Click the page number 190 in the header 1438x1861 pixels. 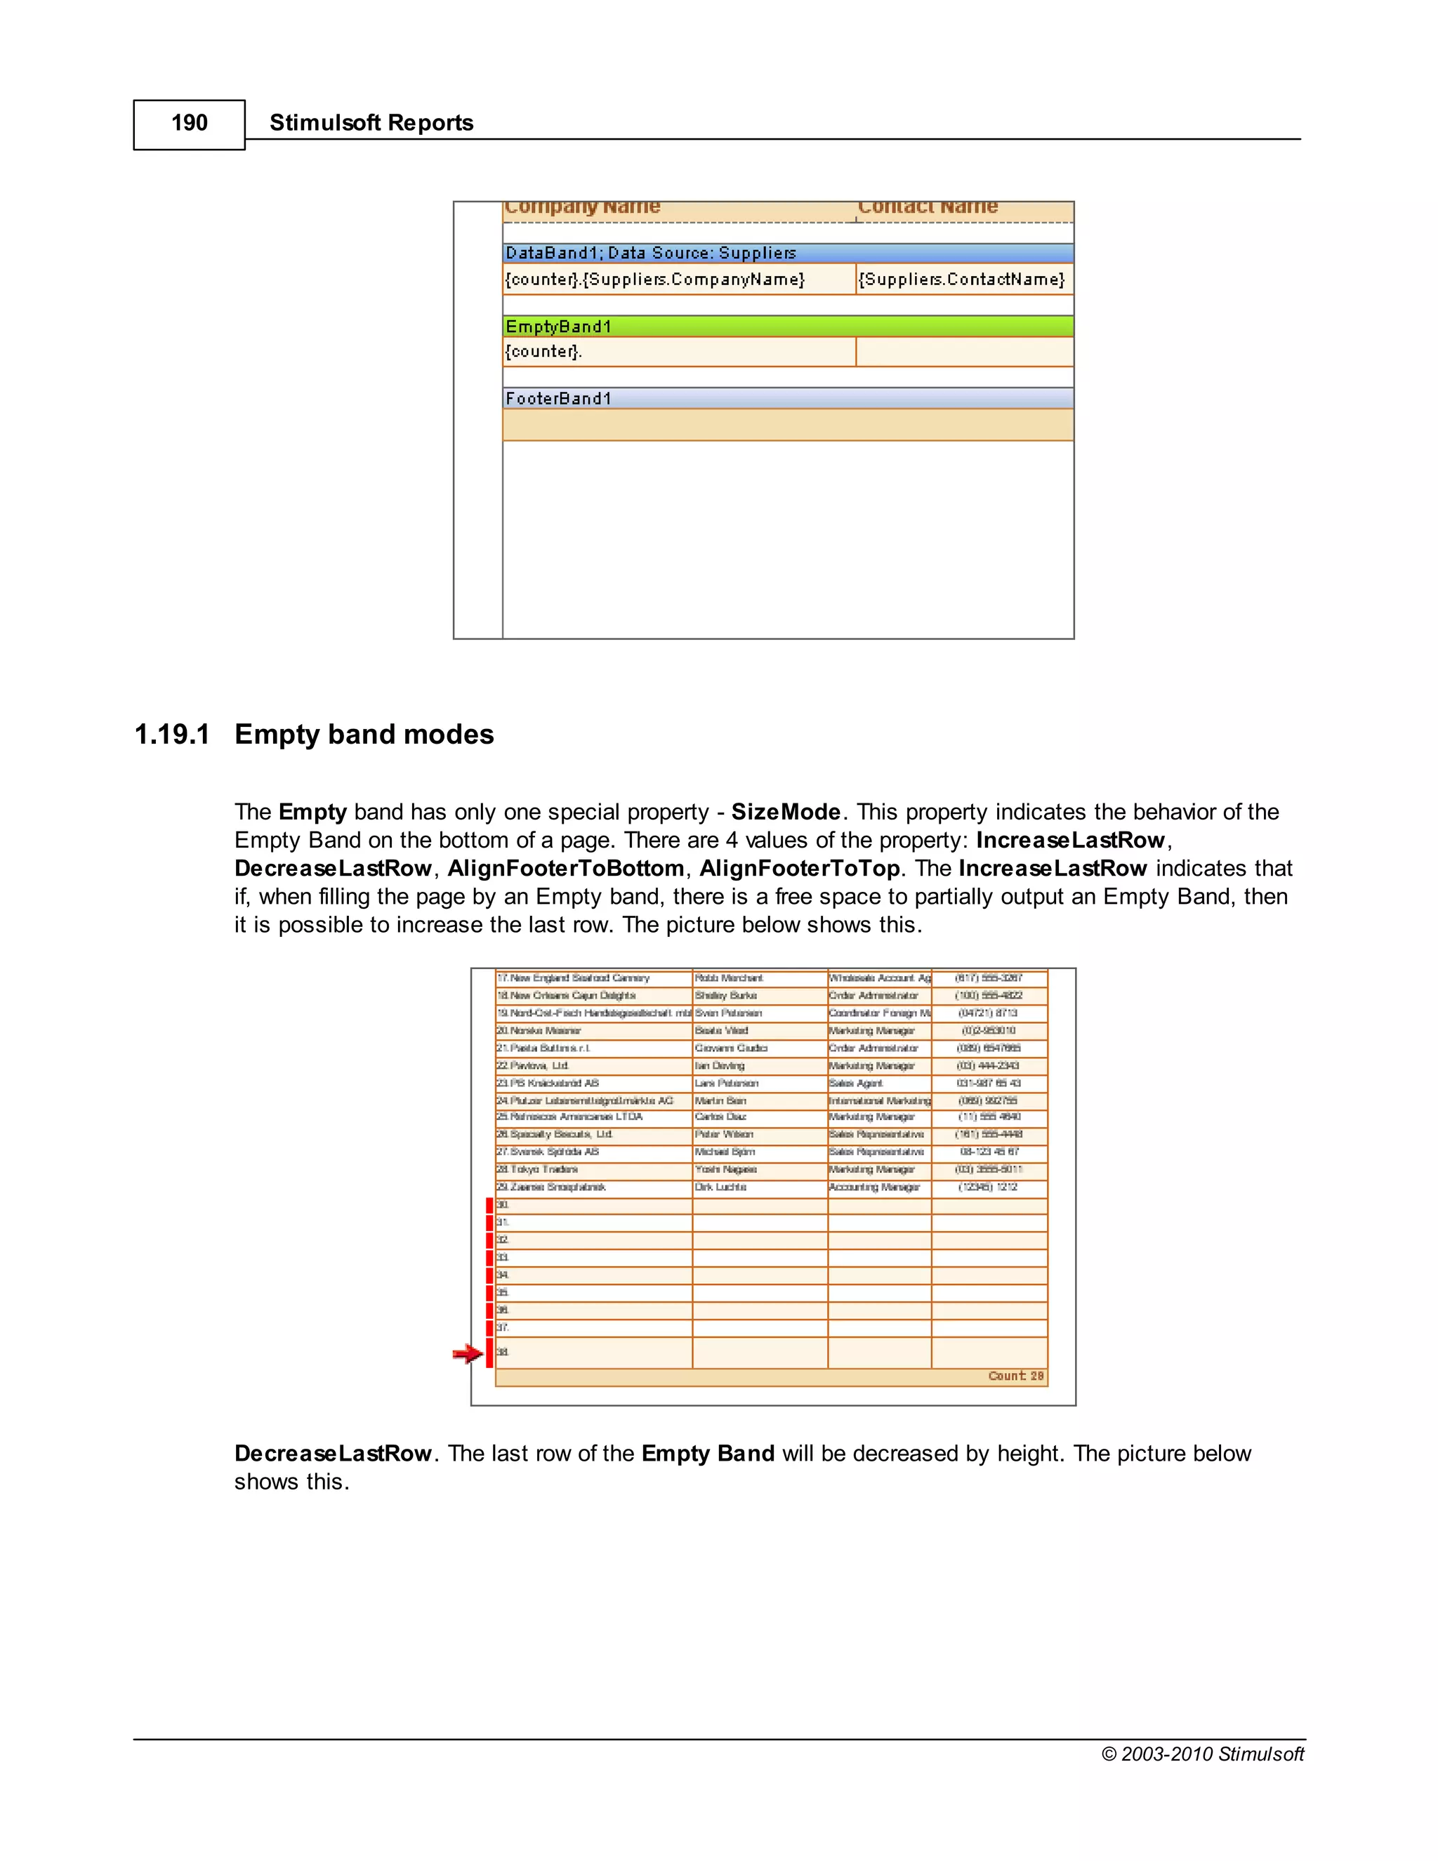tap(189, 124)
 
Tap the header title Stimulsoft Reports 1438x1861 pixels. tap(371, 124)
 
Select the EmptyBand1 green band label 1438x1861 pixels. tap(559, 327)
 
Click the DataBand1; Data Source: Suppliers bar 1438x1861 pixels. tap(651, 253)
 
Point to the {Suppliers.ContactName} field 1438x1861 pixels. tap(961, 280)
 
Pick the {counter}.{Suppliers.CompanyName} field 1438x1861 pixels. tap(654, 280)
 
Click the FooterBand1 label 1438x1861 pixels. tap(559, 399)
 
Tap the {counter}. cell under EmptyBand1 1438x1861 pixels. tap(543, 352)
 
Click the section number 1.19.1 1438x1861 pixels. tap(172, 735)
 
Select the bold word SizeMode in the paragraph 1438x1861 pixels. tap(786, 812)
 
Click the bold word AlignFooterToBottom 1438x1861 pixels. tap(566, 868)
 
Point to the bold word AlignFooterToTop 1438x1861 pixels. tap(799, 868)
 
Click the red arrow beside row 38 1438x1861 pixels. tap(467, 1353)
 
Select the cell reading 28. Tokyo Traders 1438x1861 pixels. tap(539, 1170)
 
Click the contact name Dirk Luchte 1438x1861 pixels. tap(720, 1187)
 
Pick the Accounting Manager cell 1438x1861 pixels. tap(874, 1187)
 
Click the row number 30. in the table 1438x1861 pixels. tap(503, 1205)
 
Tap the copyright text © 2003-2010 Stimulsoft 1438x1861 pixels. tap(1202, 1754)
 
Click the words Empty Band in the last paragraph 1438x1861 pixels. tap(707, 1454)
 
